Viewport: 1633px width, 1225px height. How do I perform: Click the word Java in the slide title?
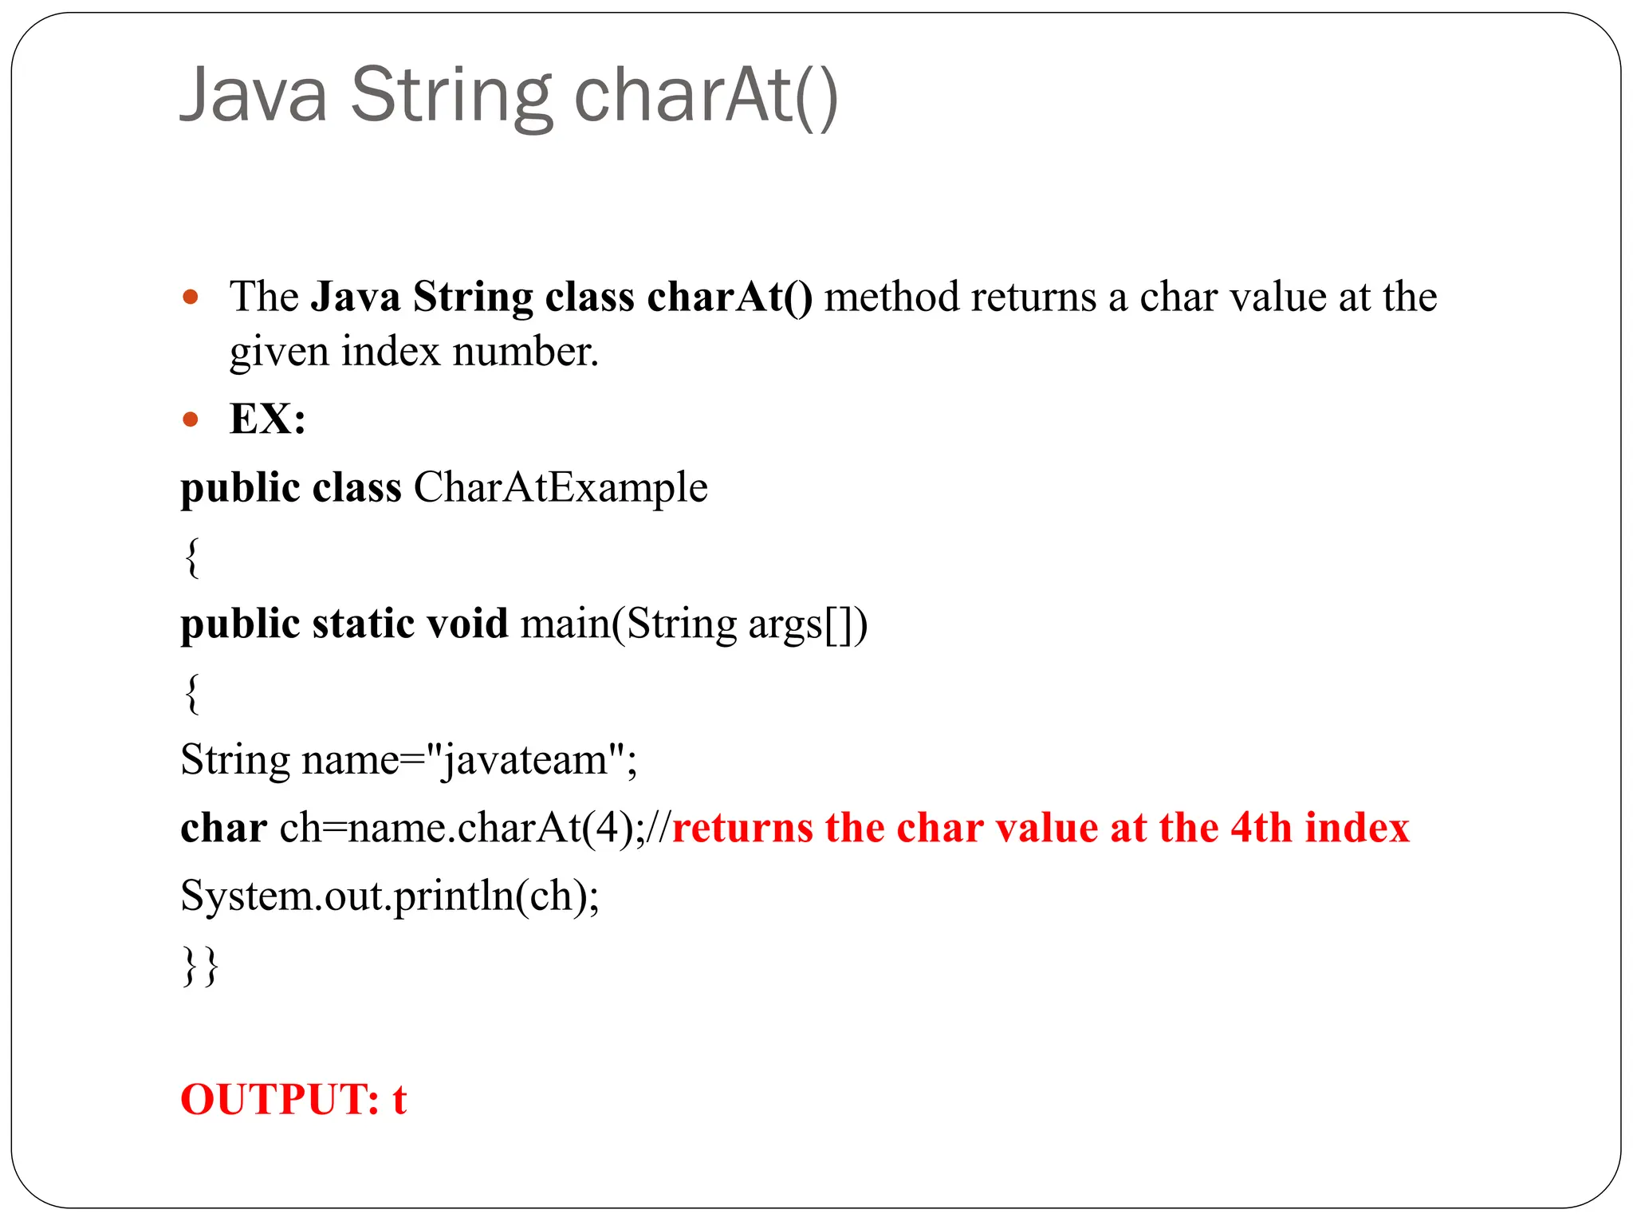pyautogui.click(x=254, y=96)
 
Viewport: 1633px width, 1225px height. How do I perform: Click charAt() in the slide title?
pyautogui.click(x=706, y=96)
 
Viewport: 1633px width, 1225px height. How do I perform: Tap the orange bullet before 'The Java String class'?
pyautogui.click(x=190, y=297)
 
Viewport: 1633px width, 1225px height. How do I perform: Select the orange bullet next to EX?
pyautogui.click(x=190, y=419)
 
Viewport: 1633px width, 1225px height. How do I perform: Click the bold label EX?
pyautogui.click(x=267, y=419)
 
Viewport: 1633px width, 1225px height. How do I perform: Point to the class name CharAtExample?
pyautogui.click(x=560, y=487)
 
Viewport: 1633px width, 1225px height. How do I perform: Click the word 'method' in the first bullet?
pyautogui.click(x=891, y=297)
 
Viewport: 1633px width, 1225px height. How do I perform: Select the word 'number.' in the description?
pyautogui.click(x=525, y=352)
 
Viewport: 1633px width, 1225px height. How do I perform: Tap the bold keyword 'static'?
pyautogui.click(x=363, y=623)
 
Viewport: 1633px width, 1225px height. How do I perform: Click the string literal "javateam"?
pyautogui.click(x=526, y=759)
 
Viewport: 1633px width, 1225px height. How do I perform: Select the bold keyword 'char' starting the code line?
pyautogui.click(x=223, y=828)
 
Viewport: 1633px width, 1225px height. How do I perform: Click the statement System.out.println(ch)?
pyautogui.click(x=390, y=896)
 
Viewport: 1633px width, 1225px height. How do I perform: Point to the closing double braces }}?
pyautogui.click(x=200, y=966)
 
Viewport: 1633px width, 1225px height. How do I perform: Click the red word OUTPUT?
pyautogui.click(x=280, y=1100)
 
